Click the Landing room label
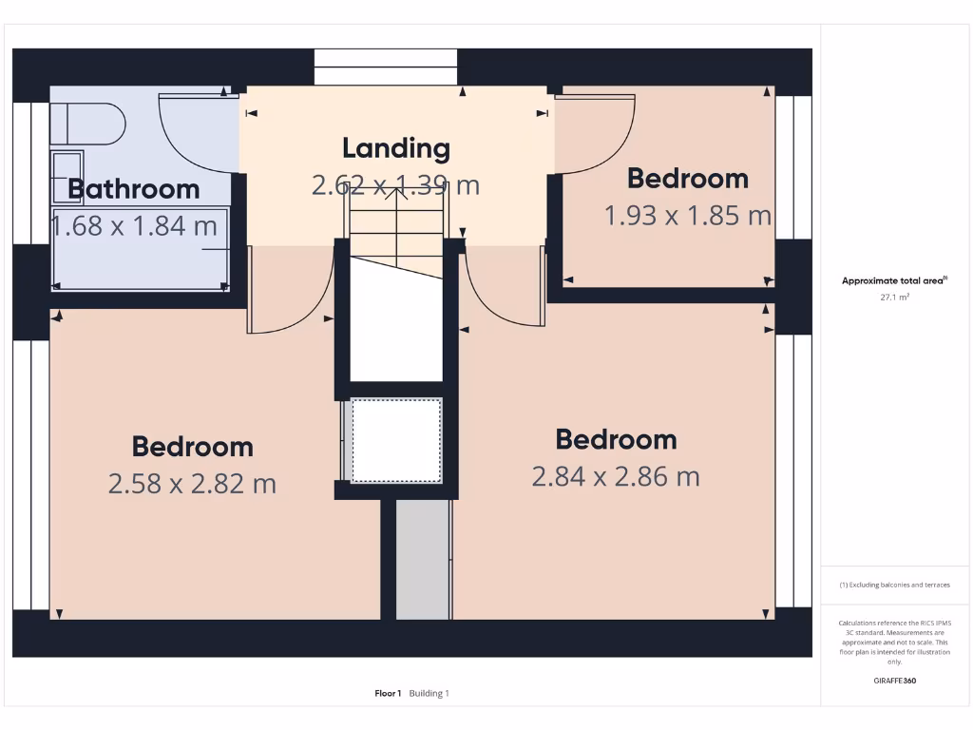[395, 148]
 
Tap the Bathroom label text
[134, 189]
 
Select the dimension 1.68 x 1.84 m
[134, 226]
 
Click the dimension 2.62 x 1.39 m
[395, 184]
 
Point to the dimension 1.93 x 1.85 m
[688, 216]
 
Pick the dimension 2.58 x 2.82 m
[192, 484]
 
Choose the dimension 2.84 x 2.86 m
[616, 476]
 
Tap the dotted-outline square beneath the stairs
[396, 441]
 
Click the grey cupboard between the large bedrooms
[423, 561]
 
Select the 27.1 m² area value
[894, 298]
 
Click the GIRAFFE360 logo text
[894, 681]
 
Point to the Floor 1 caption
[388, 694]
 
